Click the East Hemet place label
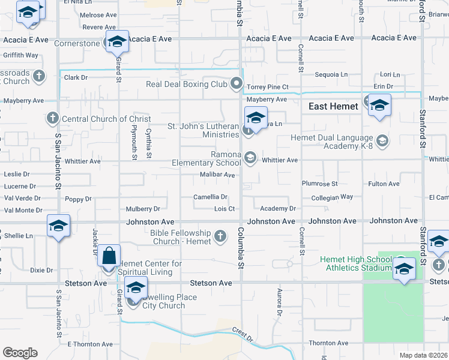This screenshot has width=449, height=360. [x=333, y=106]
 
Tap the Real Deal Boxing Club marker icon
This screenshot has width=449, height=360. [x=237, y=83]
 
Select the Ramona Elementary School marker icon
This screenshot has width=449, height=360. [x=250, y=158]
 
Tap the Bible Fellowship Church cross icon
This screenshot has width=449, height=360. [x=221, y=236]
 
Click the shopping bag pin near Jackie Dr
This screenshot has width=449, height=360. [x=110, y=257]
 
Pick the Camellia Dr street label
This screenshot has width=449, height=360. [x=210, y=197]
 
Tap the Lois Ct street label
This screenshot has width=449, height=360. [x=224, y=209]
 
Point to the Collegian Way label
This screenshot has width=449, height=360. [x=332, y=197]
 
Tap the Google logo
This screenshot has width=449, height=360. [x=20, y=353]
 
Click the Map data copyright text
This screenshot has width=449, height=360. [x=423, y=355]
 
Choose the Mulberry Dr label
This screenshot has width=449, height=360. [x=143, y=209]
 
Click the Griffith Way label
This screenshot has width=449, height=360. [x=20, y=55]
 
